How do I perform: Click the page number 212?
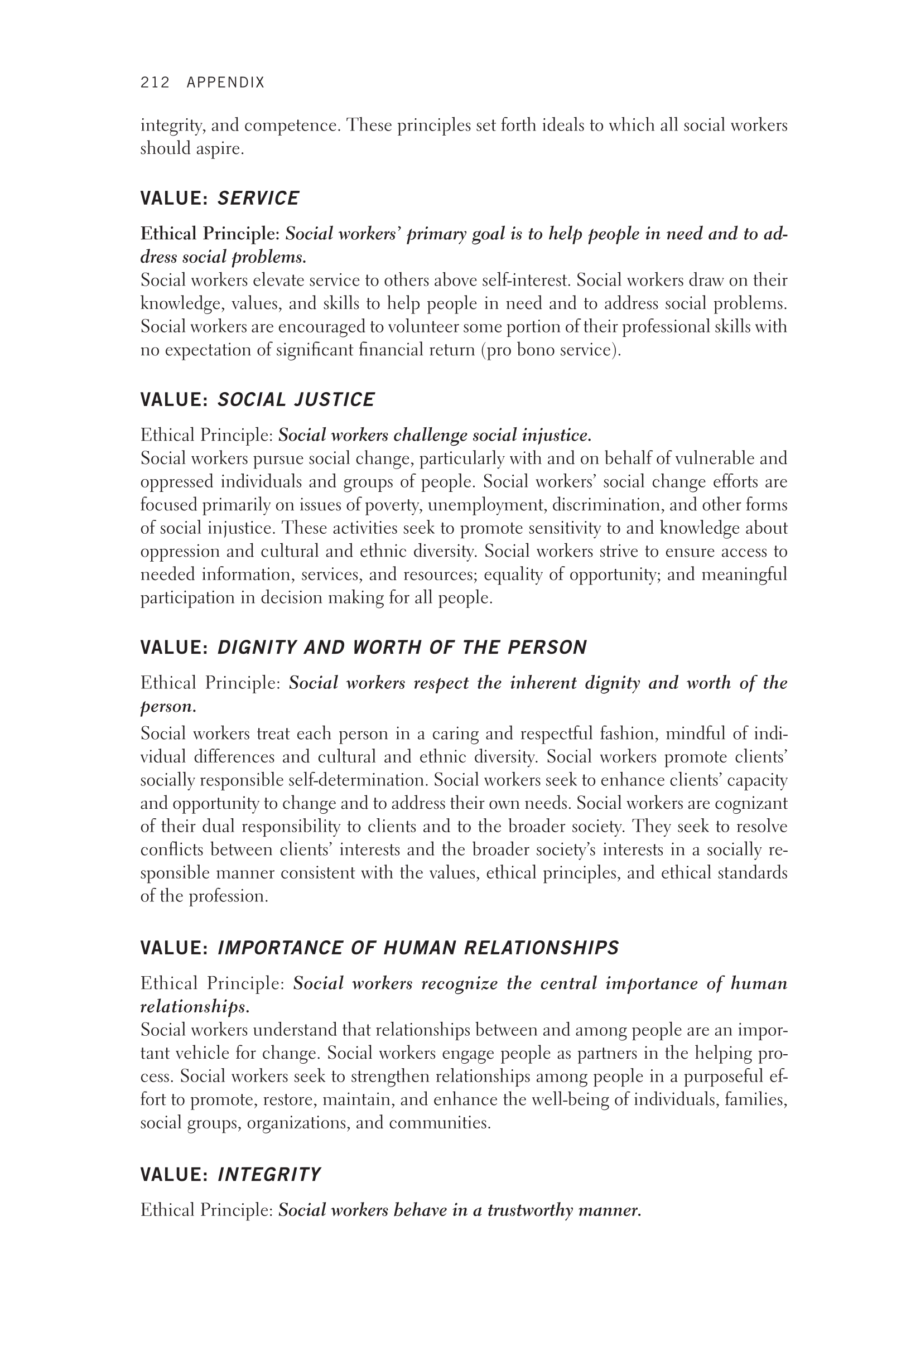(155, 83)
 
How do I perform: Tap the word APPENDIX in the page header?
(225, 83)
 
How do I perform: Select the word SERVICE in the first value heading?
(258, 198)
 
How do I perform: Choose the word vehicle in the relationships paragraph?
(203, 1053)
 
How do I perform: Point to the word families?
(757, 1099)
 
